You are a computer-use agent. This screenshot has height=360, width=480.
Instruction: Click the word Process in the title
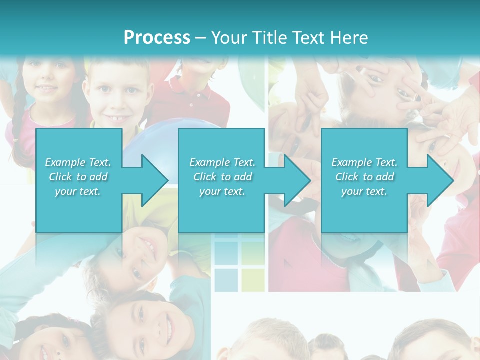click(157, 37)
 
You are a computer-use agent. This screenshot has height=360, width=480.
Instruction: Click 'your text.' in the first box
click(78, 191)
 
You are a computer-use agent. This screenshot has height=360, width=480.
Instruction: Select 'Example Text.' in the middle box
click(222, 162)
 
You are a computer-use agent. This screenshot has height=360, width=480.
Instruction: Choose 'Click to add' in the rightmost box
click(365, 177)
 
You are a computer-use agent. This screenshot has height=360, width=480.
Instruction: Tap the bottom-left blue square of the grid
click(226, 280)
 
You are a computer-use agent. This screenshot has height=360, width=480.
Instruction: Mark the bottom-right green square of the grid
click(253, 280)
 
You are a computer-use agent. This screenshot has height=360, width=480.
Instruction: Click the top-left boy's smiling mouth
click(117, 119)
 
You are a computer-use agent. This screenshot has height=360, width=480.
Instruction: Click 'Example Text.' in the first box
click(78, 162)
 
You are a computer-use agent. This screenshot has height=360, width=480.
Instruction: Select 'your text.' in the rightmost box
click(364, 191)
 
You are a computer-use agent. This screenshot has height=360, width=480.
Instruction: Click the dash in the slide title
click(201, 38)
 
